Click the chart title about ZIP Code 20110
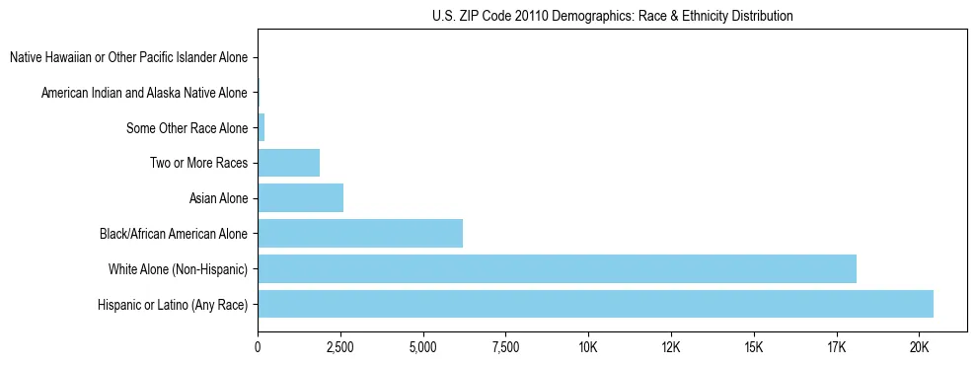point(612,16)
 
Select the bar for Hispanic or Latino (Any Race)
point(595,304)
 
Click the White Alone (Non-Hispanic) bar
point(557,268)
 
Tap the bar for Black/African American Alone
point(360,234)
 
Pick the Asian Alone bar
point(300,198)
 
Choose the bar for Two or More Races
point(288,163)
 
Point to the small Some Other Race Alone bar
point(262,127)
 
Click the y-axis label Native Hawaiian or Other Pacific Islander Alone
point(129,57)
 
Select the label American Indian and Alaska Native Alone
point(145,93)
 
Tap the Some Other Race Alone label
point(188,128)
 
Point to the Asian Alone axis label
point(218,198)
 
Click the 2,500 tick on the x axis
point(340,347)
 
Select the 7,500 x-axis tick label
point(505,347)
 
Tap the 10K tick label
point(588,347)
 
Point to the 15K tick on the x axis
point(754,347)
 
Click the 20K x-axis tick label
point(920,347)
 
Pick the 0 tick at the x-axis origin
point(258,347)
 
